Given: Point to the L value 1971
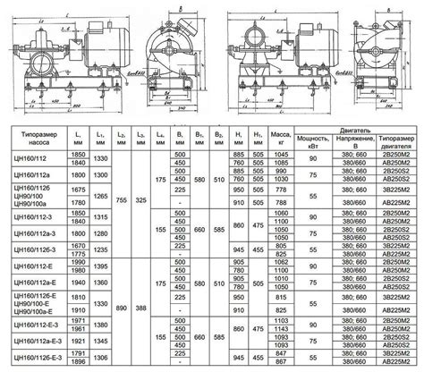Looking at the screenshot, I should (78, 318).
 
